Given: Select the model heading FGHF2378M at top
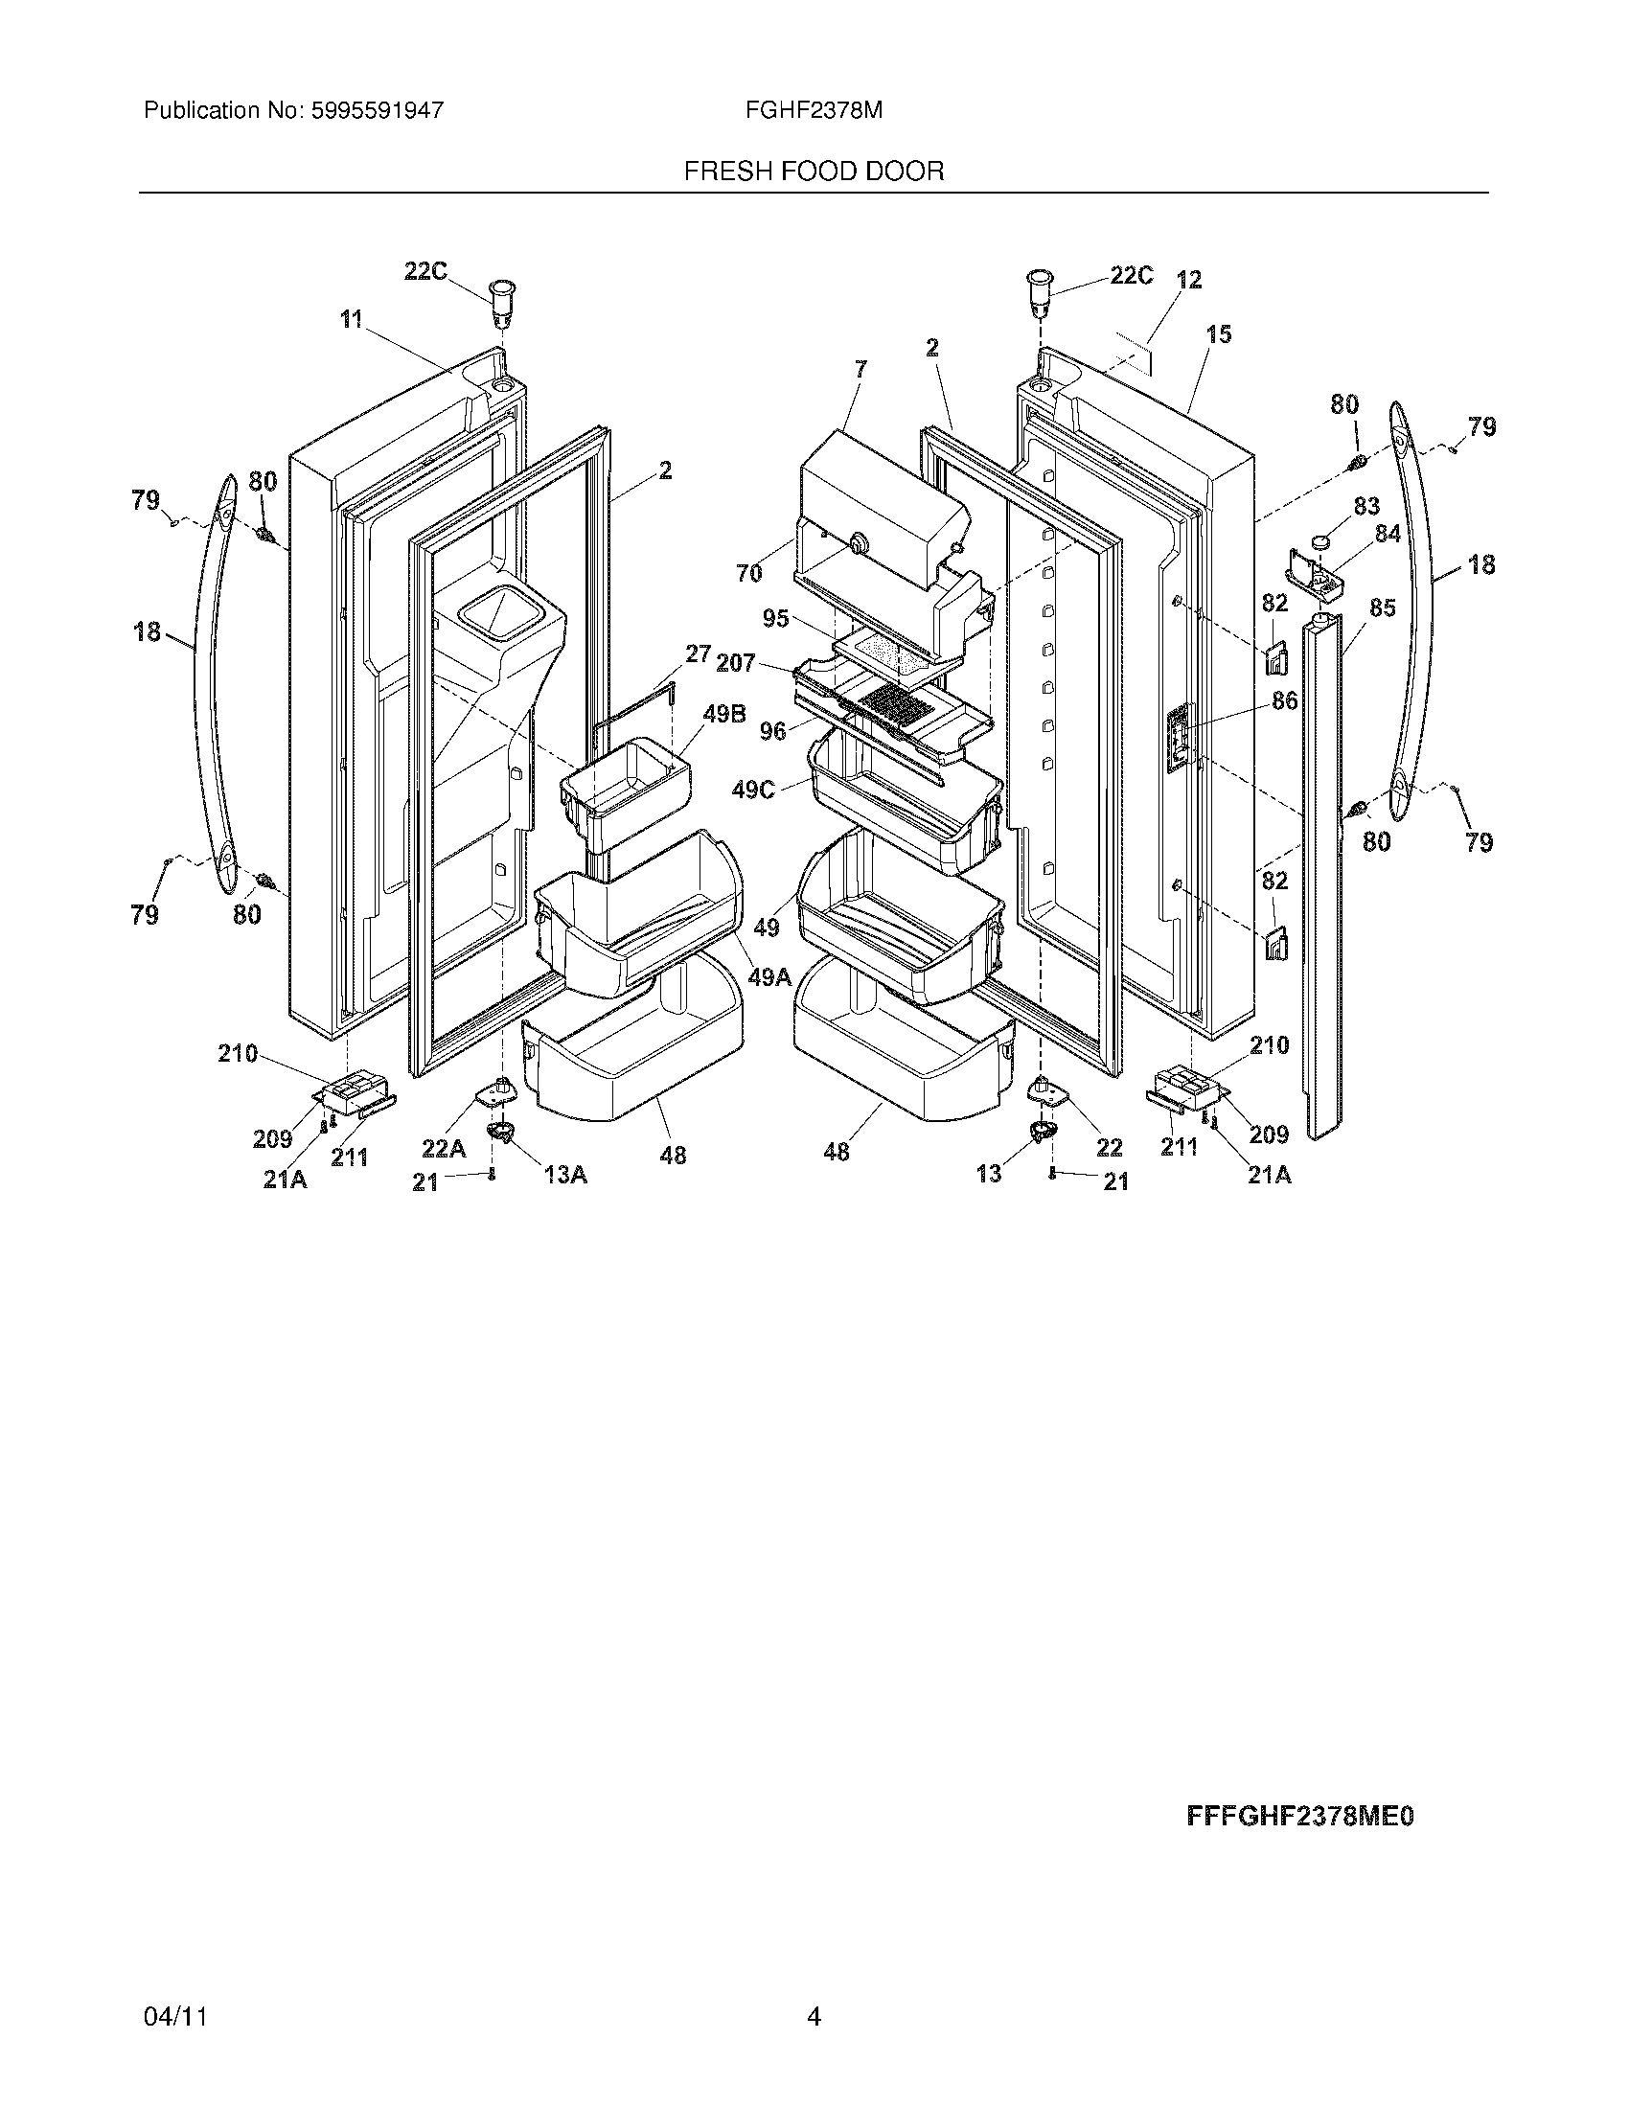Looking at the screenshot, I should click(814, 111).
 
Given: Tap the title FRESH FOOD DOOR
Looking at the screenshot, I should click(814, 172).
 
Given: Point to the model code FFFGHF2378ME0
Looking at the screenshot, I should click(1300, 1818).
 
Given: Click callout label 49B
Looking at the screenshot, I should click(723, 715).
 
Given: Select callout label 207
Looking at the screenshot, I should click(735, 664).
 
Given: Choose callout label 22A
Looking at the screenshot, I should click(444, 1149).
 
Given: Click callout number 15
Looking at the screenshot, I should click(1219, 335).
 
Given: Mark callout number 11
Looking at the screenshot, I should click(352, 318).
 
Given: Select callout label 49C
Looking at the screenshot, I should click(754, 790).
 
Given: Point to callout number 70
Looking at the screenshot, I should click(749, 573).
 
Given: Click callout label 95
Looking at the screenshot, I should click(776, 619).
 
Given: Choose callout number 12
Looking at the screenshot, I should click(1189, 280).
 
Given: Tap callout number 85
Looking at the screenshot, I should click(1382, 609).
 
